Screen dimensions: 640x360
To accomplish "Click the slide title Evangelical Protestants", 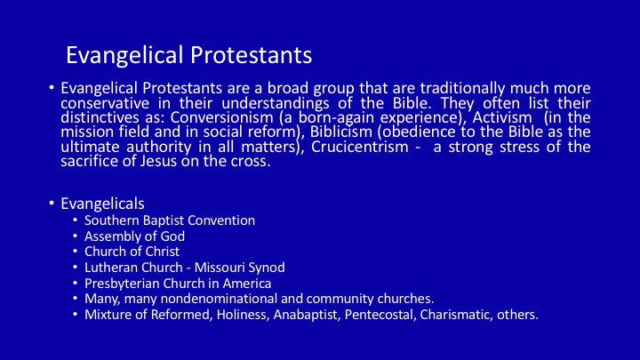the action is (189, 56).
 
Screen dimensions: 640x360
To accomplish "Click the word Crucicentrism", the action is (360, 147).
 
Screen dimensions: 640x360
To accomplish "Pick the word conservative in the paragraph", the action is (105, 103).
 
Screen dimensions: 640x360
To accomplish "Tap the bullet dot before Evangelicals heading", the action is (51, 203).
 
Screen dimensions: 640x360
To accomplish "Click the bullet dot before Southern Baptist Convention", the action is (75, 220).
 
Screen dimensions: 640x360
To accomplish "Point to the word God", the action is (172, 236).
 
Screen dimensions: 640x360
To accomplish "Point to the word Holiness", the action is (243, 315).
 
